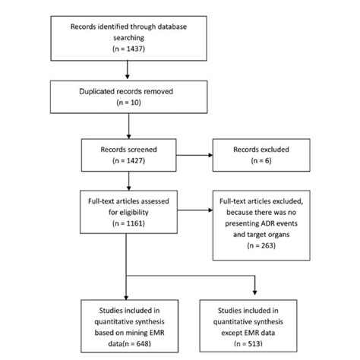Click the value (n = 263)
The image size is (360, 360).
[x=271, y=246]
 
